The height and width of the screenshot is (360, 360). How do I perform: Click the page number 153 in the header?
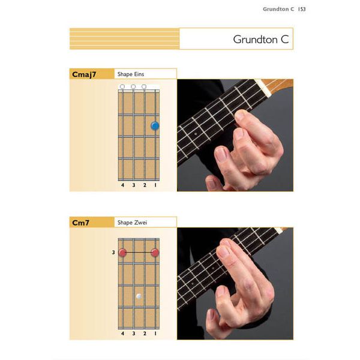tap(302, 9)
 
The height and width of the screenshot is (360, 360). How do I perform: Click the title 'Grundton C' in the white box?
tap(261, 40)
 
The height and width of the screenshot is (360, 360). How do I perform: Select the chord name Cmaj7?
tap(84, 74)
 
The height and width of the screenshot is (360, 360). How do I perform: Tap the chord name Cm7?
tap(81, 223)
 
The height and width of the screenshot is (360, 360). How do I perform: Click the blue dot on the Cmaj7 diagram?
tap(155, 126)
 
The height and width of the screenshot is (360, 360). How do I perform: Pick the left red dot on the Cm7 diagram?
tap(122, 253)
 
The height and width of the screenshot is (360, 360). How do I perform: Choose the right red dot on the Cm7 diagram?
tap(155, 253)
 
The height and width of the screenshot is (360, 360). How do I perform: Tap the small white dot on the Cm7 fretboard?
tap(139, 296)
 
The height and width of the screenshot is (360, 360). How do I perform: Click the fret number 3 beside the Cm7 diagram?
tap(113, 253)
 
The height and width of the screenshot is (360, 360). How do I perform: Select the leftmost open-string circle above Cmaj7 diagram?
tap(122, 87)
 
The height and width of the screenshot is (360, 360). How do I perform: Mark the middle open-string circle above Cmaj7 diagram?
tap(133, 87)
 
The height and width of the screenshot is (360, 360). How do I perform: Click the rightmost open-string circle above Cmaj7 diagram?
tap(144, 87)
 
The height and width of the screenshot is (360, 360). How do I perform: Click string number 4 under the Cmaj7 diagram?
tap(122, 185)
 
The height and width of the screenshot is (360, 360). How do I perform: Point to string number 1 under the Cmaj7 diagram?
tap(155, 185)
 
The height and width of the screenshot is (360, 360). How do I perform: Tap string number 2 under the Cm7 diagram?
tap(144, 333)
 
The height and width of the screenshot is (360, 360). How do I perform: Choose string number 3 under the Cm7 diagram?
tap(133, 333)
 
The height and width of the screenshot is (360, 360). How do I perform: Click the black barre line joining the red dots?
tap(139, 253)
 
